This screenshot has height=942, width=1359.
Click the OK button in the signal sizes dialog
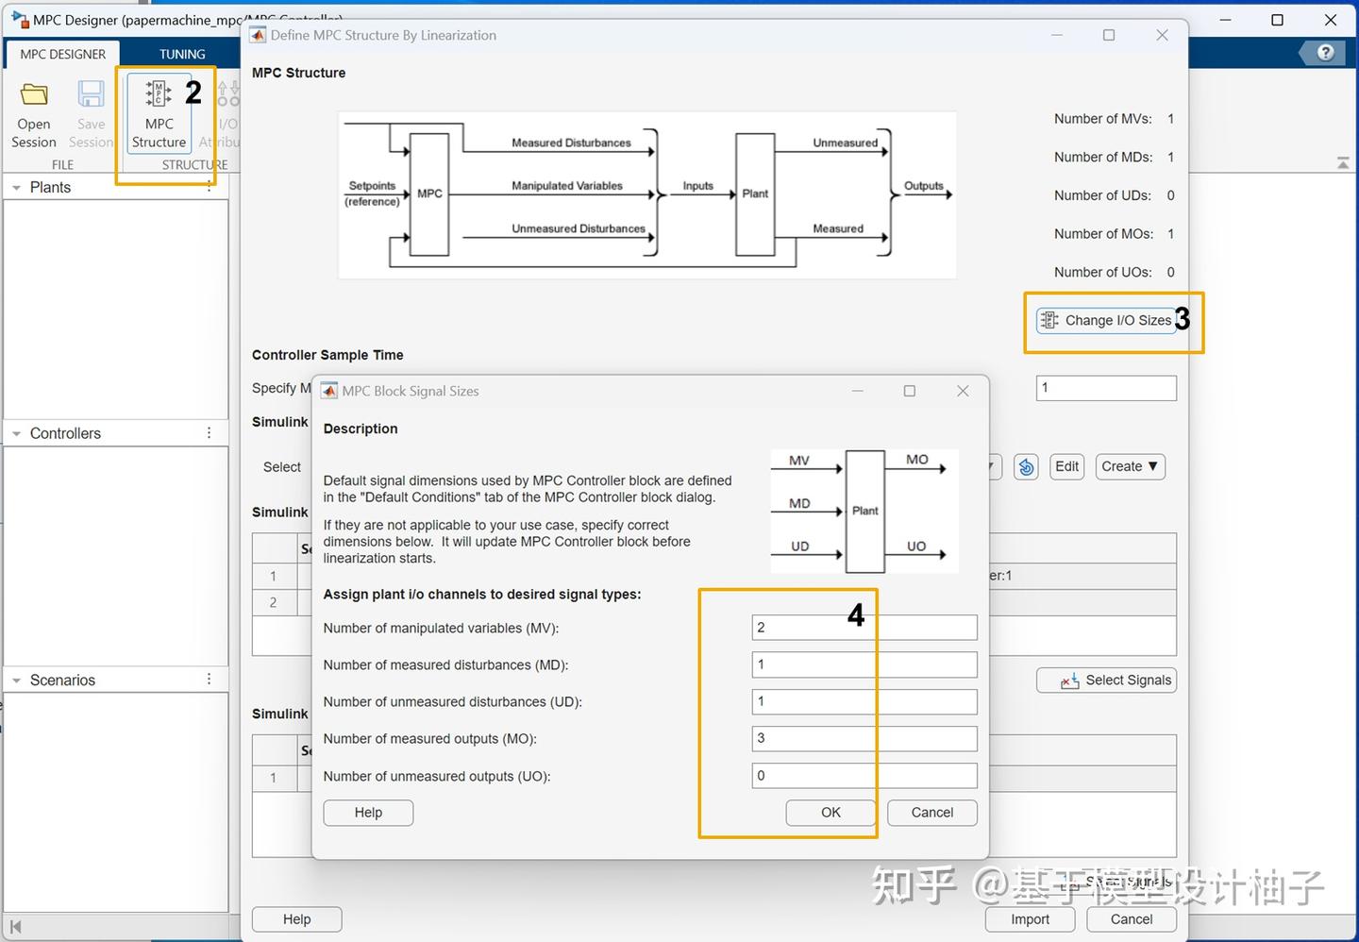tap(830, 813)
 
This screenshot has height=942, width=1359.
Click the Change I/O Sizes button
tap(1105, 321)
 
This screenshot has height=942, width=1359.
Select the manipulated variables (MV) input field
tap(864, 628)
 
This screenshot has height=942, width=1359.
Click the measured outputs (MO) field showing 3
tap(864, 739)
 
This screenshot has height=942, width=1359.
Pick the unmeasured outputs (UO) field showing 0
tap(864, 776)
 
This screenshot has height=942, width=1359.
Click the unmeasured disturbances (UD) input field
tap(864, 702)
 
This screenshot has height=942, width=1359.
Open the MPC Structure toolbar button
tap(159, 113)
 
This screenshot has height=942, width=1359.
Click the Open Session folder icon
tap(34, 95)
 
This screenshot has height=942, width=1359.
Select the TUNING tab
tap(182, 54)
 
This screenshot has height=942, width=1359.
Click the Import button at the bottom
tap(1030, 919)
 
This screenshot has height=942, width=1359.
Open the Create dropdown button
tap(1130, 466)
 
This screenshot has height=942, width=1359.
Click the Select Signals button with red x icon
tap(1106, 681)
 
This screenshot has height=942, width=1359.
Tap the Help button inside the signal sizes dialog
tap(368, 813)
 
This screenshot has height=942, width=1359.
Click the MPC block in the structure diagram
tap(429, 193)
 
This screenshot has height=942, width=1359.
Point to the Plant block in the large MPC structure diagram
tap(755, 193)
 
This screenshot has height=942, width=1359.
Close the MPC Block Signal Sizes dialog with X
tap(963, 391)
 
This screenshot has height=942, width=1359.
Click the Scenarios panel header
tap(62, 680)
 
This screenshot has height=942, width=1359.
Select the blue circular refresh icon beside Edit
tap(1026, 466)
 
